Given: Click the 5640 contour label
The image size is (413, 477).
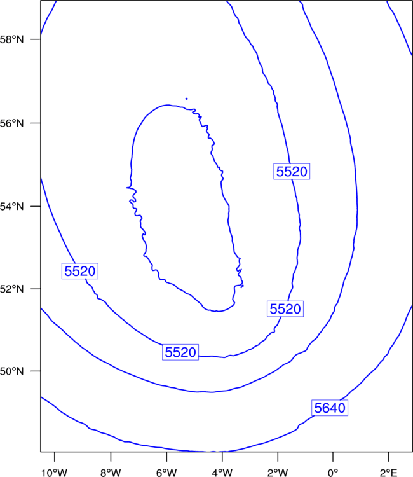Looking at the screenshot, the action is (x=330, y=408).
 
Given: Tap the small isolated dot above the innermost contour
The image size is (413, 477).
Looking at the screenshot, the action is (x=186, y=99).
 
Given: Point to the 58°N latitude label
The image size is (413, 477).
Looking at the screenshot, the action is (x=11, y=39).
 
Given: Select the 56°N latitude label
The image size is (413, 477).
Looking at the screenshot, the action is (x=11, y=123).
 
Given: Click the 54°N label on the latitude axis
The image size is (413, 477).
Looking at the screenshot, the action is (x=11, y=207).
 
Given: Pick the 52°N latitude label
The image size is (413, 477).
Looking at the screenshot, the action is (x=11, y=289).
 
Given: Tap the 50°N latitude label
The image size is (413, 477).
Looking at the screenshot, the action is (x=11, y=371).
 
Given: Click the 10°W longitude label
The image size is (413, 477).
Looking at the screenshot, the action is (x=55, y=473).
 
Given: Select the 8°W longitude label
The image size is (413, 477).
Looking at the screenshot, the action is (x=111, y=473).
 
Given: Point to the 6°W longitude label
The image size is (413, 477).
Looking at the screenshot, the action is (x=166, y=473).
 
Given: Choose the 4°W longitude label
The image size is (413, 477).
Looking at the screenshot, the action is (x=222, y=473).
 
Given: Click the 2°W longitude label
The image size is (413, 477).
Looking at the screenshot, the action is (x=278, y=473).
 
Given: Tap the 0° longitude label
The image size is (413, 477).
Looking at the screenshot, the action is (x=333, y=473).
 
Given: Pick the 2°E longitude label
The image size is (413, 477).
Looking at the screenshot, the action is (x=388, y=473).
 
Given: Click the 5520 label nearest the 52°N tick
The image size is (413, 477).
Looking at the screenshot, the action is (x=80, y=271).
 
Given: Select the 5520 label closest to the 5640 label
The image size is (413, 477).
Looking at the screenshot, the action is (x=285, y=308).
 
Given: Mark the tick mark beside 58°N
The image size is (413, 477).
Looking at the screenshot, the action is (x=36, y=39).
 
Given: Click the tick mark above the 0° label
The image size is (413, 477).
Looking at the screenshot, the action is (x=333, y=457).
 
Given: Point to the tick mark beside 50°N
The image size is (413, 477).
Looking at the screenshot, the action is (x=36, y=371).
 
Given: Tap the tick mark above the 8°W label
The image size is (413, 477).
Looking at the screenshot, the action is (x=111, y=457).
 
